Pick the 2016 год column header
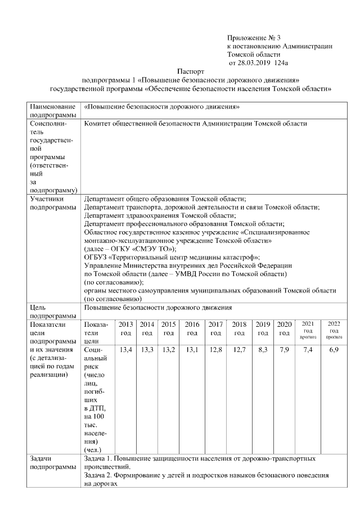pos(192,328)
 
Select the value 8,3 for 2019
pos(262,350)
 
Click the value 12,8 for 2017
pos(215,350)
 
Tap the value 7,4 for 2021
pos(308,350)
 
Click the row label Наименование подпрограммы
pos(53,110)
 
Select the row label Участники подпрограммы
pos(53,202)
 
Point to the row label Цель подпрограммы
pos(53,312)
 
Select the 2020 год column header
pos(284,328)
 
